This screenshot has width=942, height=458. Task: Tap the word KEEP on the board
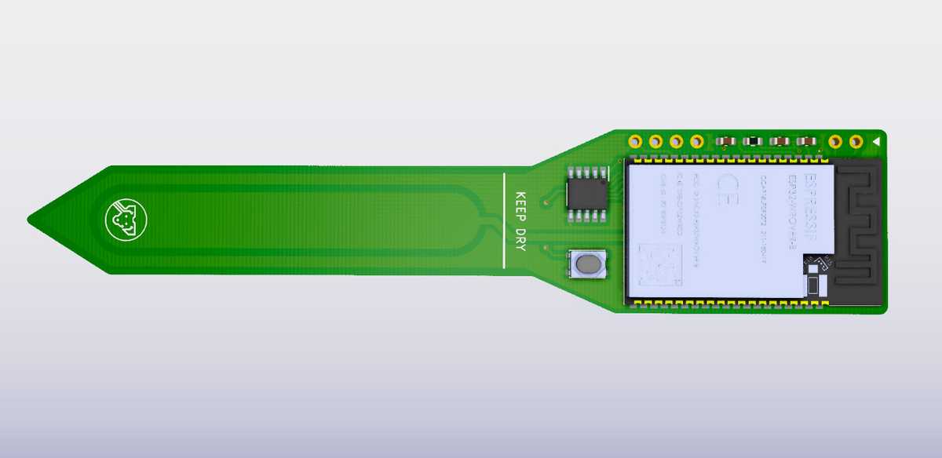click(x=520, y=205)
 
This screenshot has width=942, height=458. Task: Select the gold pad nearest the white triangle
click(x=856, y=142)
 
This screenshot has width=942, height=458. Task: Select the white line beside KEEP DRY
click(x=503, y=220)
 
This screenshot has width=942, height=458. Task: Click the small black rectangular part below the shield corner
click(x=813, y=284)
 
